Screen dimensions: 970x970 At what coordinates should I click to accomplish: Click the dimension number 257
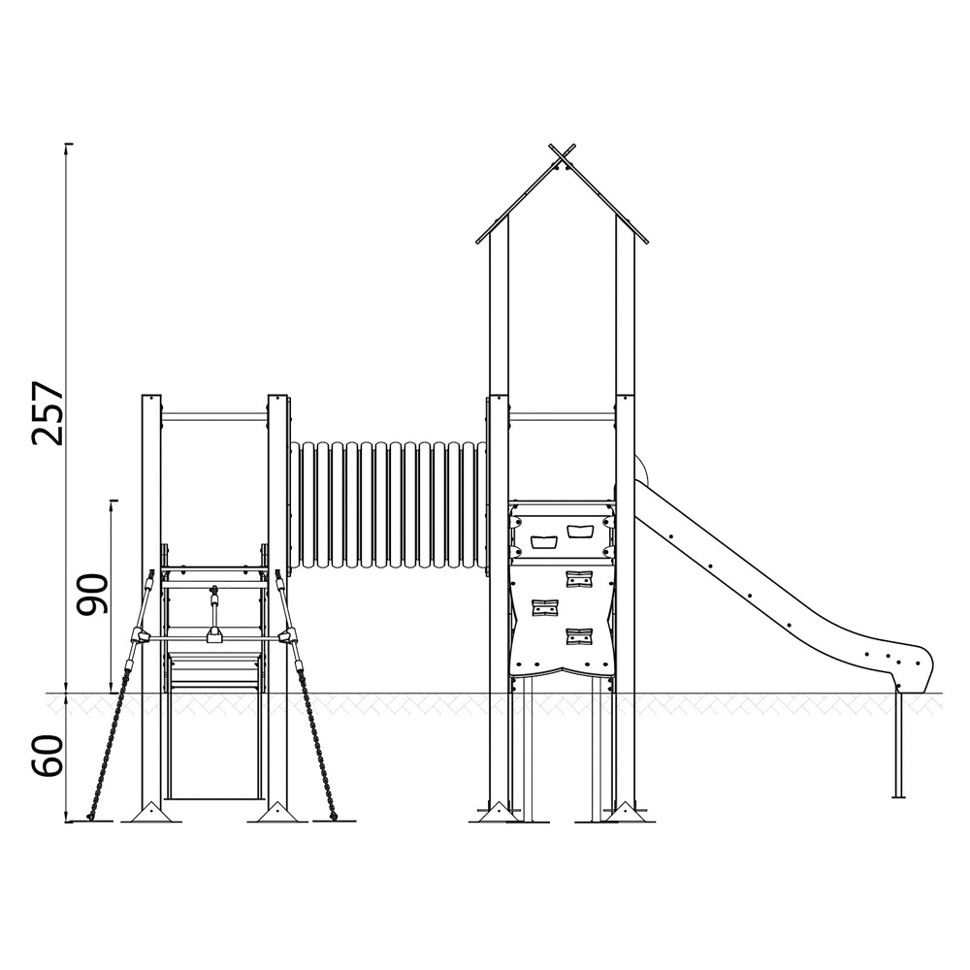pos(48,412)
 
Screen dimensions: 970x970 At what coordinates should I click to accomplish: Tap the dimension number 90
pos(91,594)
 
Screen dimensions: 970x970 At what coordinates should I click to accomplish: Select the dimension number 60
pos(48,756)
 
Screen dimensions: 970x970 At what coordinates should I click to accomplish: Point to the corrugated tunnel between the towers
pos(389,504)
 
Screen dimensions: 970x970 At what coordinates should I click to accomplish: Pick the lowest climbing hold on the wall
pos(579,636)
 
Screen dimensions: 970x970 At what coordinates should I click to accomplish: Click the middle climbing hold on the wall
pos(544,607)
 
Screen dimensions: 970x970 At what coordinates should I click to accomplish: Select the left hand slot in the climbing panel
pos(544,542)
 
